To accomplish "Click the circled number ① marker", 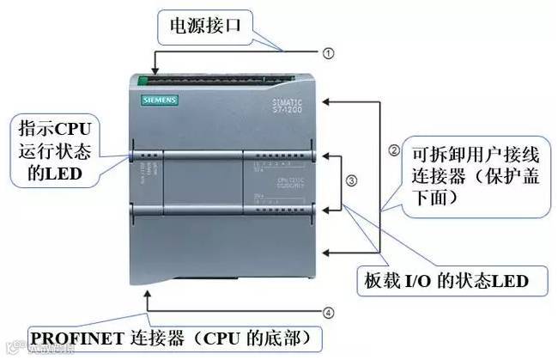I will (x=327, y=52).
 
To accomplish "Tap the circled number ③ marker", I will (x=351, y=181).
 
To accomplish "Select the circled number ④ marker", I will (x=328, y=313).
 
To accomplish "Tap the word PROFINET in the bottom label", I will (x=76, y=335).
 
